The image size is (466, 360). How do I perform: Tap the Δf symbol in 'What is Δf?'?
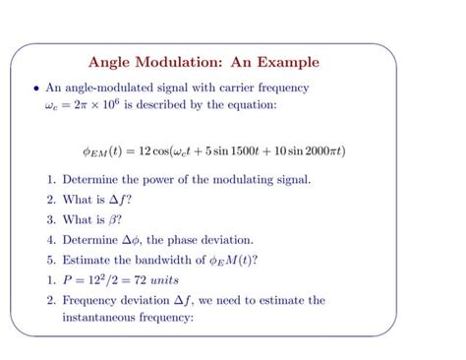click(117, 200)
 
